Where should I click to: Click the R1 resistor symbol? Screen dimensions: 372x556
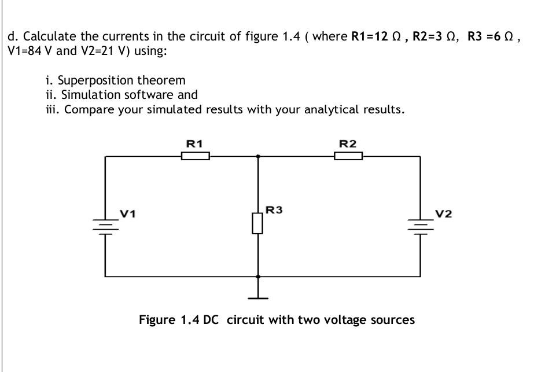(195, 156)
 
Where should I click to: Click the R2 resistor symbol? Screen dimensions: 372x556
(348, 156)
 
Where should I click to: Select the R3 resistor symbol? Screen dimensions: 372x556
(258, 223)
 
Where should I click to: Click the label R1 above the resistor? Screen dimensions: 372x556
(194, 143)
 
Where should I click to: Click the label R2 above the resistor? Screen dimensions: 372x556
(347, 143)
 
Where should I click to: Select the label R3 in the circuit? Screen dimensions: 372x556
(274, 210)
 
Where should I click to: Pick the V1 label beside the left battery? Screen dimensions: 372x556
(128, 214)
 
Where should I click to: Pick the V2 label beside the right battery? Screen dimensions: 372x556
(444, 214)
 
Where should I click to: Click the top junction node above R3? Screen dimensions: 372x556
(258, 156)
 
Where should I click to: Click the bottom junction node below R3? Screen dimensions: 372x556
(258, 277)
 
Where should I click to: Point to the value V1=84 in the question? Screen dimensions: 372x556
(27, 51)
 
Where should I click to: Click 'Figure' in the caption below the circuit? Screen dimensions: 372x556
(156, 319)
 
